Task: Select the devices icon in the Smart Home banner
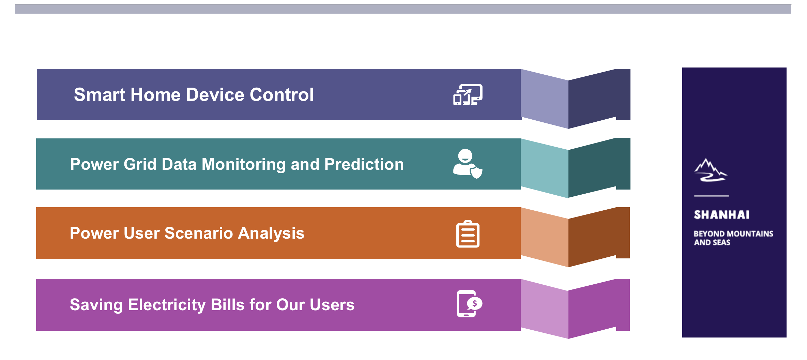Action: [x=468, y=94]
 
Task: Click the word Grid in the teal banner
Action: [x=140, y=164]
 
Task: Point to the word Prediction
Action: [x=364, y=164]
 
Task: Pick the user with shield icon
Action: [x=468, y=164]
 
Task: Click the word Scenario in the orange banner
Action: [x=199, y=234]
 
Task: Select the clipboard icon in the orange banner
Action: [x=468, y=234]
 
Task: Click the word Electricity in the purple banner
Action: [x=167, y=305]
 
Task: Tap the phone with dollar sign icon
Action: [x=469, y=303]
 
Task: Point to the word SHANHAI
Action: [x=721, y=215]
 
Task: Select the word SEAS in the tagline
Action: [x=721, y=242]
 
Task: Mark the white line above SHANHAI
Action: [x=712, y=196]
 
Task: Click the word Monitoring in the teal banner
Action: [x=244, y=165]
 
